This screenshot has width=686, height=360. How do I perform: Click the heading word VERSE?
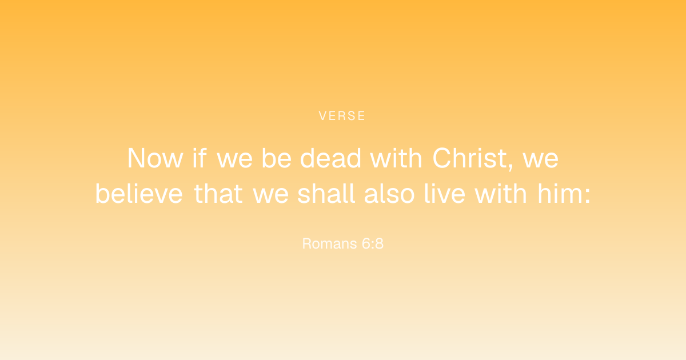tap(342, 115)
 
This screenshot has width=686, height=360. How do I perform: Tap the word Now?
tap(155, 158)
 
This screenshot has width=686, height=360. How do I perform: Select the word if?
tap(200, 158)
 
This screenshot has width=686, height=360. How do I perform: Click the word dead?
tap(330, 158)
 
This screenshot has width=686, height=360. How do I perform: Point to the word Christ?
tap(470, 158)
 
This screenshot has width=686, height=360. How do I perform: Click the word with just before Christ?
tap(396, 158)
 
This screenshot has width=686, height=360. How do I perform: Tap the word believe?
tap(139, 194)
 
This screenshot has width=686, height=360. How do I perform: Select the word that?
tap(218, 194)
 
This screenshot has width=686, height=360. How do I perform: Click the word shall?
tap(326, 194)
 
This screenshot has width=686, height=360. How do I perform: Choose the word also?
tap(389, 194)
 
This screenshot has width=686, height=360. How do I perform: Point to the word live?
tap(445, 194)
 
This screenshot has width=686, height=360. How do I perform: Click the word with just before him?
tap(501, 194)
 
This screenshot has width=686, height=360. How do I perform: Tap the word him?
tap(560, 194)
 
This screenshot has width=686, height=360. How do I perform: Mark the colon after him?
tap(588, 196)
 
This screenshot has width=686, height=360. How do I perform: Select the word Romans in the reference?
tap(329, 243)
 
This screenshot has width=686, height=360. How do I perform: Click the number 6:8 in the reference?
tap(372, 243)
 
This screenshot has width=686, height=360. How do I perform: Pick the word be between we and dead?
tap(276, 158)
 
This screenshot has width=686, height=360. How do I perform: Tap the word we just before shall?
tap(270, 196)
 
